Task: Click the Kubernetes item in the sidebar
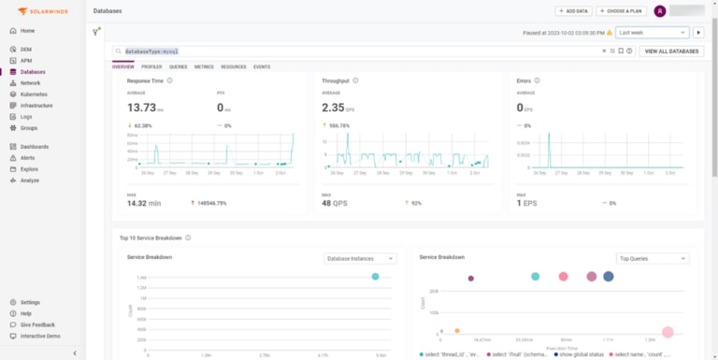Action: point(36,94)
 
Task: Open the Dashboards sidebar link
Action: point(36,147)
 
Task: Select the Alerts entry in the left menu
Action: point(28,158)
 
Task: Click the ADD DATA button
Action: point(573,11)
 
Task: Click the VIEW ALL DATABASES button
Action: point(671,50)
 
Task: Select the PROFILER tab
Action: point(151,67)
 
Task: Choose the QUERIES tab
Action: point(178,67)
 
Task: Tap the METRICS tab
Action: point(204,67)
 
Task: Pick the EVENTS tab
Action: point(262,67)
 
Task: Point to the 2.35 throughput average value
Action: point(335,108)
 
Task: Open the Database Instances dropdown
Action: point(360,258)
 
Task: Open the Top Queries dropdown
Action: point(653,258)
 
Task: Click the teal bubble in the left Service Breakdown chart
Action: point(376,276)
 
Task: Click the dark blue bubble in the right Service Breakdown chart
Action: point(609,276)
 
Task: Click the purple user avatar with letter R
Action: point(660,11)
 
